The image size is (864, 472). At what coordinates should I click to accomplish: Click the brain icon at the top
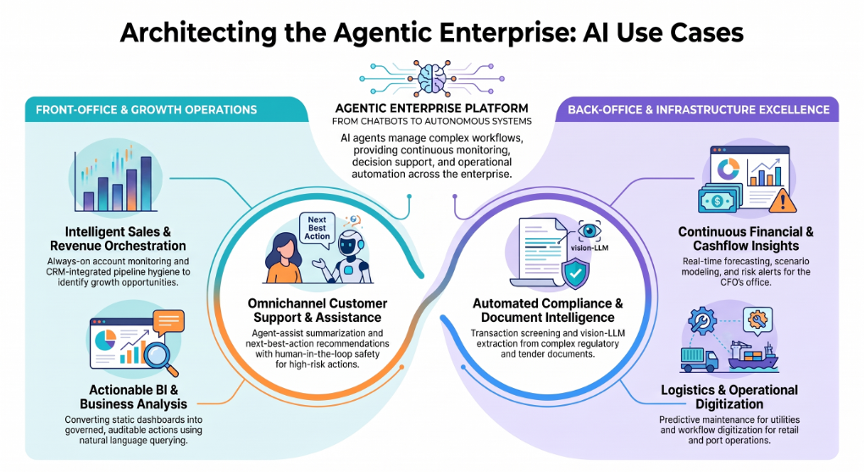tap(432, 78)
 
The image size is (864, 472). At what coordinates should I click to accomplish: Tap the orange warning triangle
tap(782, 201)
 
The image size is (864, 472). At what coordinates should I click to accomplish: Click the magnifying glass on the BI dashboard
tap(161, 358)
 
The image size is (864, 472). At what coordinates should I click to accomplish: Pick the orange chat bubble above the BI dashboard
tap(168, 322)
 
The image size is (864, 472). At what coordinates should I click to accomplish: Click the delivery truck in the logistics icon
tap(699, 359)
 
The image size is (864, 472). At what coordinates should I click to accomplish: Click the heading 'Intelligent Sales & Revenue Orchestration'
tap(118, 239)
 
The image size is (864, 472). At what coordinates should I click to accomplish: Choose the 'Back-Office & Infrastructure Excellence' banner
tap(698, 109)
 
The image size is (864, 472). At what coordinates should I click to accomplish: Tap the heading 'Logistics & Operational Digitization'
tap(729, 397)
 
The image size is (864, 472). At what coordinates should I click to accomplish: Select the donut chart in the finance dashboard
tap(728, 169)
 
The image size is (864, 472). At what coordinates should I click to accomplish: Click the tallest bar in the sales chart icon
tap(146, 183)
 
